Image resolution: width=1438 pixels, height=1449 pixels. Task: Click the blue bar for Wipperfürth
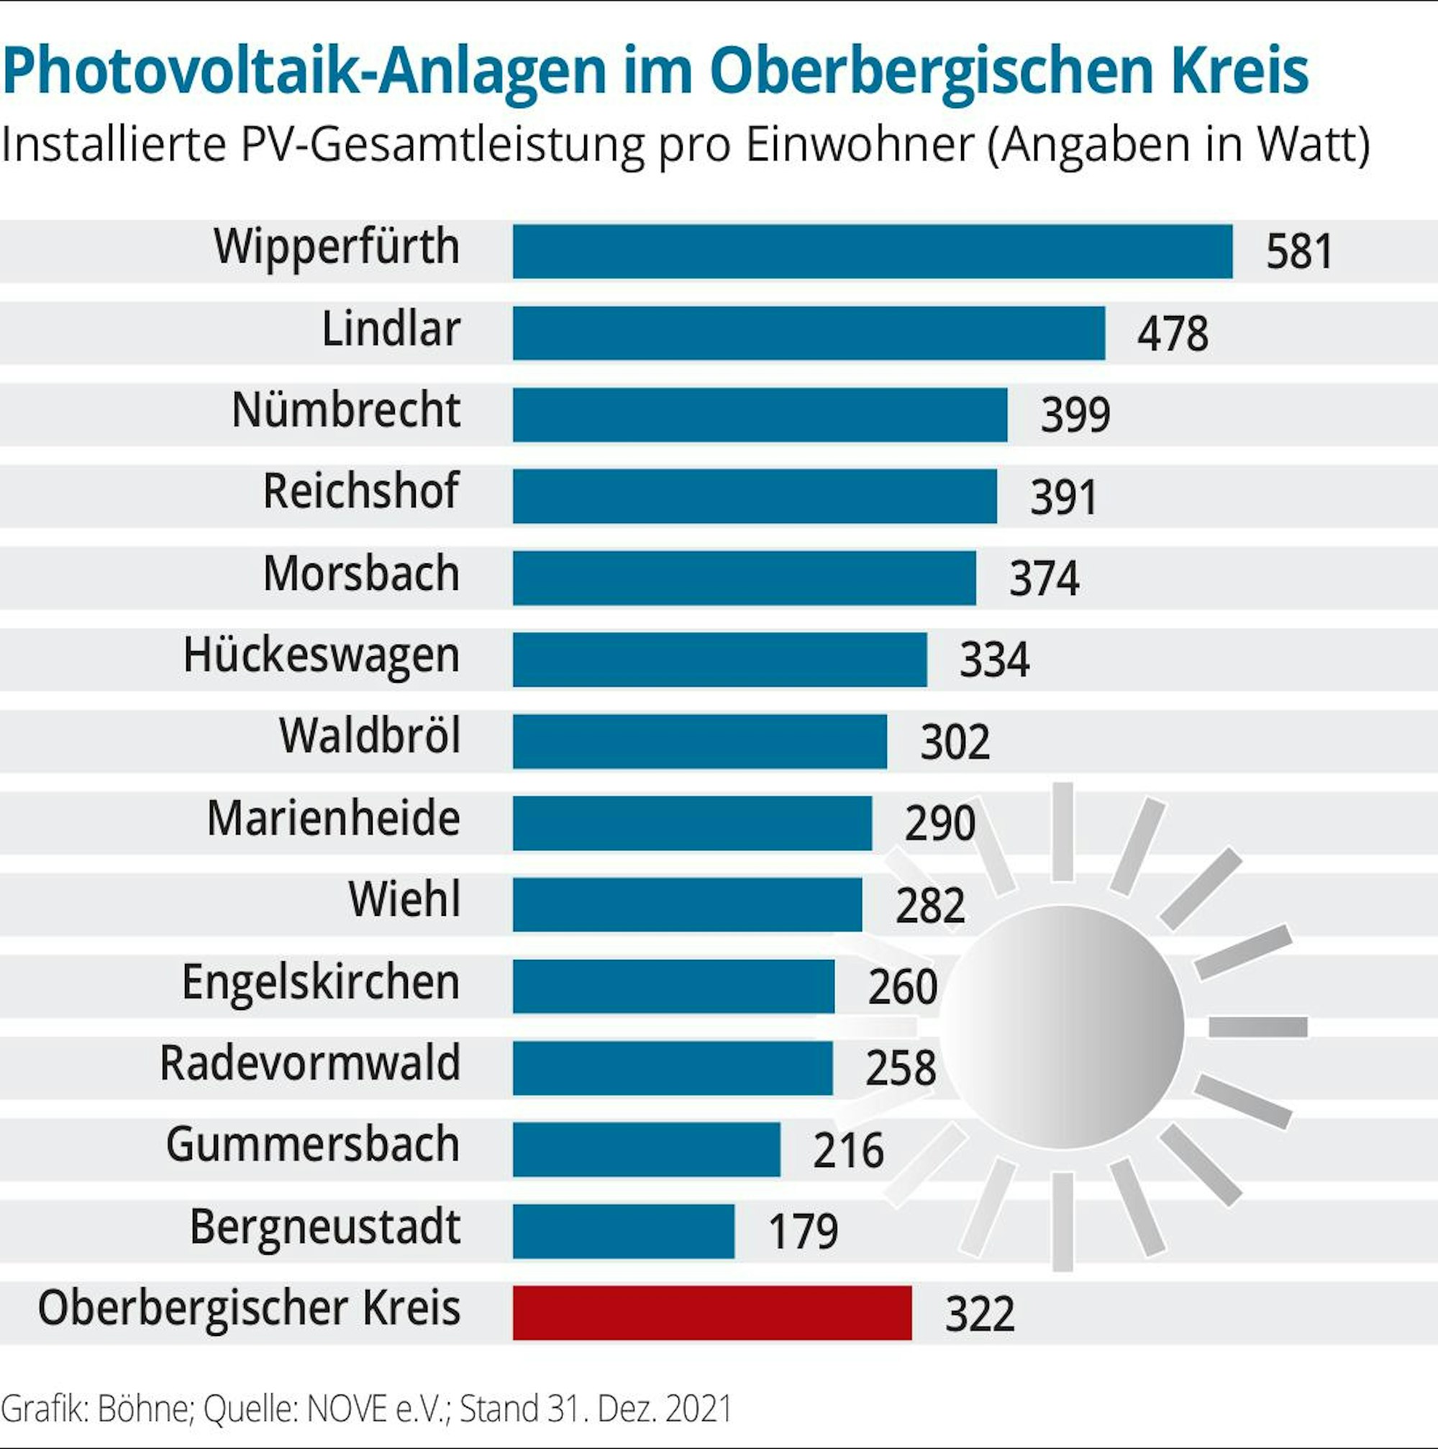[x=872, y=251]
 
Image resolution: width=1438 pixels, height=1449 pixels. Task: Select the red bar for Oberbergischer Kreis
[x=711, y=1312]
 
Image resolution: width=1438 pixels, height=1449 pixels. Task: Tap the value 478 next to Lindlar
[x=1172, y=334]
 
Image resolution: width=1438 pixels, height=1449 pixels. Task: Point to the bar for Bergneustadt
[x=623, y=1231]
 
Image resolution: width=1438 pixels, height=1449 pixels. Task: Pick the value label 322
[x=979, y=1314]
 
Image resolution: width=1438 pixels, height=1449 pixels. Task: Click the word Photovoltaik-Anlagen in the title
[x=304, y=71]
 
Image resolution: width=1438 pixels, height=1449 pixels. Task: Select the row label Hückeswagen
[x=321, y=655]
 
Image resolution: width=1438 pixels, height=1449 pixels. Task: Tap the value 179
[x=802, y=1232]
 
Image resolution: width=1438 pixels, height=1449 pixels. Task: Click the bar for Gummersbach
[x=645, y=1149]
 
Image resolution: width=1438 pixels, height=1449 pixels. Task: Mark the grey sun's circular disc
[x=1062, y=1027]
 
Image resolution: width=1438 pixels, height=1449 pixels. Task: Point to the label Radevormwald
[x=309, y=1063]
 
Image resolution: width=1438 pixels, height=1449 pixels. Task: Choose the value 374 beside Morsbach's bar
[x=1043, y=578]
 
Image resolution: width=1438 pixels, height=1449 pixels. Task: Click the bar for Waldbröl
[x=698, y=741]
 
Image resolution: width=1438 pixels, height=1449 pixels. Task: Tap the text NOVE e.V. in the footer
[x=377, y=1409]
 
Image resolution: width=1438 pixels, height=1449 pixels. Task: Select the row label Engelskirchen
[x=320, y=982]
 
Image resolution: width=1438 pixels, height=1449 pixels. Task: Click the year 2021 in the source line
[x=697, y=1409]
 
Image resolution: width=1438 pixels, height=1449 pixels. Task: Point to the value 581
[x=1298, y=252]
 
